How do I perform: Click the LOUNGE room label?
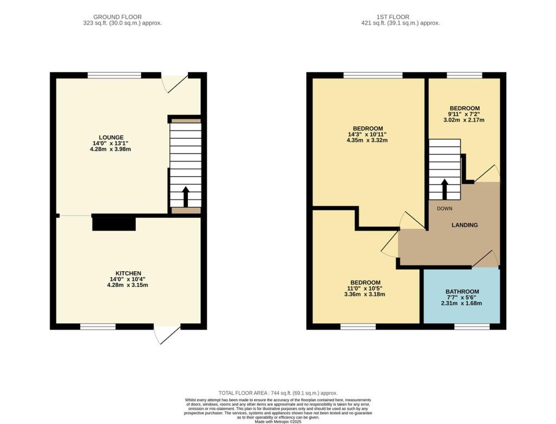111,138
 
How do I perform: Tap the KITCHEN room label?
128,273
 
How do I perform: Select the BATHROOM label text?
462,291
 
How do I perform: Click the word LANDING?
465,225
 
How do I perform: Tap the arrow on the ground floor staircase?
185,196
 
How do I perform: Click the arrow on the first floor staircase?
444,189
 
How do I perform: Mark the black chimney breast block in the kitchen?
114,223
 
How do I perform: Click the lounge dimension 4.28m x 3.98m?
111,149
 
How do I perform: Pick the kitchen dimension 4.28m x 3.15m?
128,285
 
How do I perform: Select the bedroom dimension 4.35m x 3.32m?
368,140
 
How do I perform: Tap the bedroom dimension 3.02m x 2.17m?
464,120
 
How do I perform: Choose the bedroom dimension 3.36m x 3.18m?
365,295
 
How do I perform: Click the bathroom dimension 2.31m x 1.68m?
462,303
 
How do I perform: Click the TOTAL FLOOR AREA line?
277,392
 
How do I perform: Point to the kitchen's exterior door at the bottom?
167,334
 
